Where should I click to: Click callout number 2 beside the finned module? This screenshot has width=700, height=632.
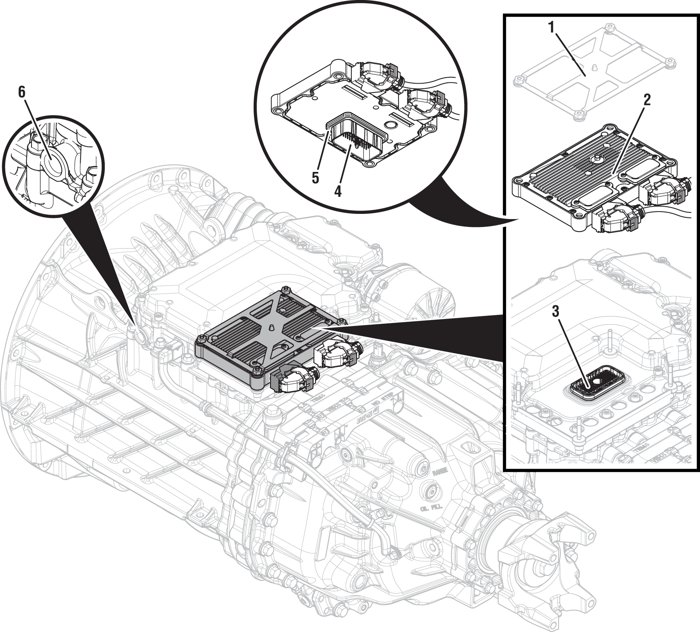click(x=647, y=101)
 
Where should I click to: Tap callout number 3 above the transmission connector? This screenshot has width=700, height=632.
click(x=555, y=312)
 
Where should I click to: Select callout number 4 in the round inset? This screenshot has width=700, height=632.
click(x=338, y=191)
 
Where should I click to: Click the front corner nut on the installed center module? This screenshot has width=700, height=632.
click(x=256, y=371)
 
